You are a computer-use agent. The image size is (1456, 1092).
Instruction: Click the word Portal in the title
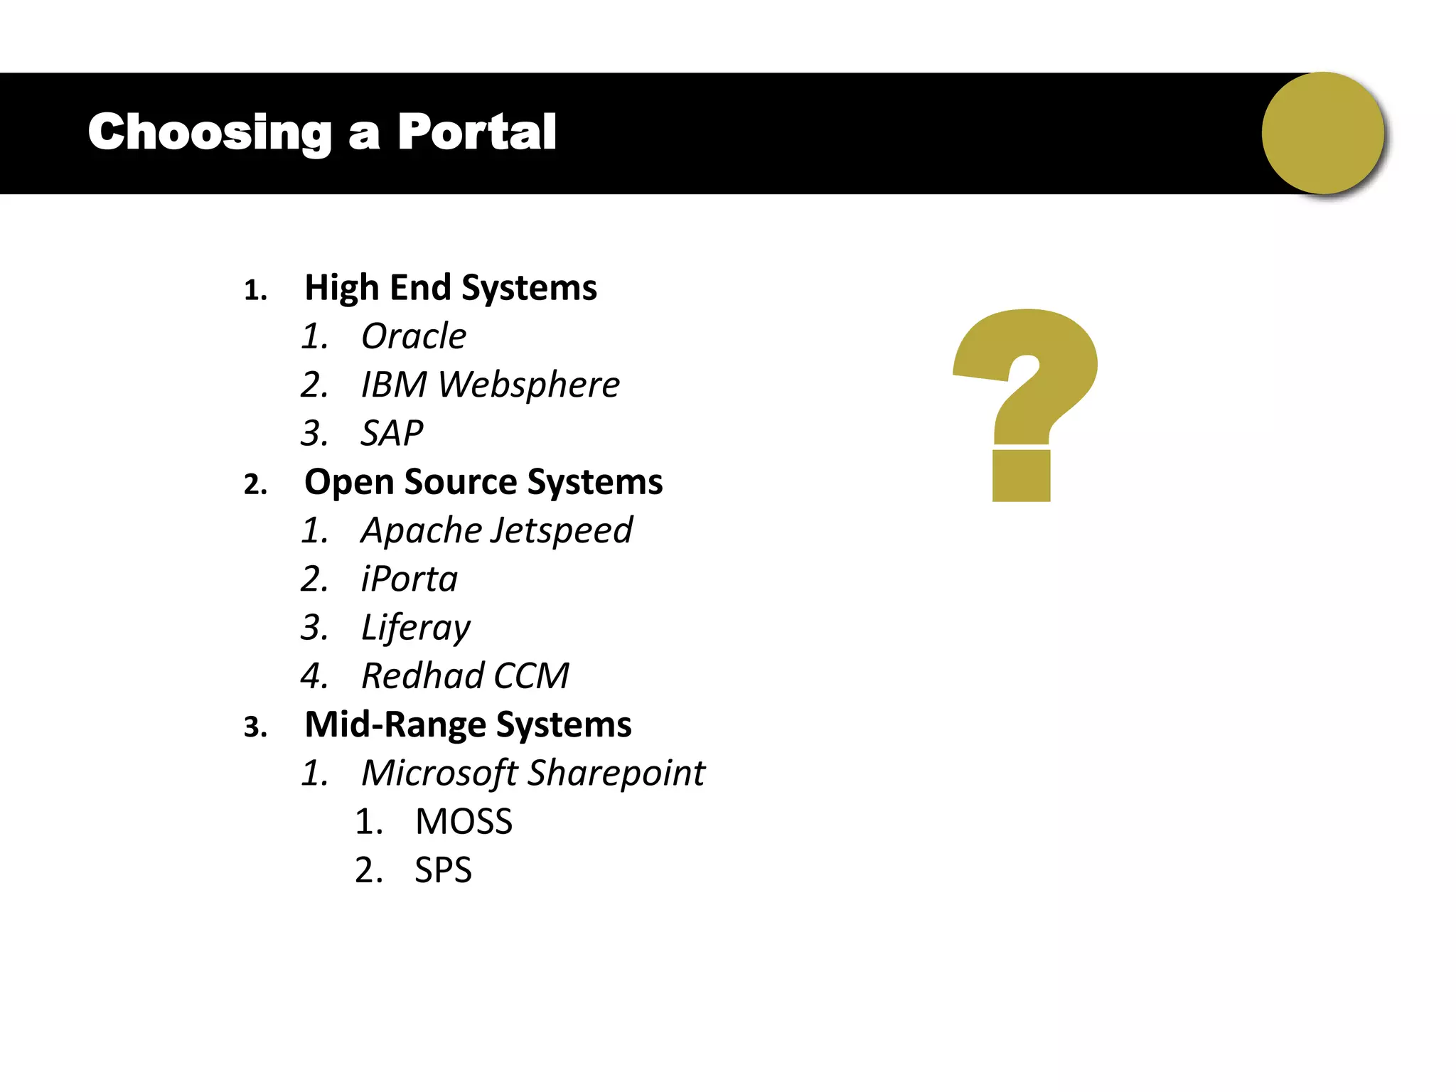tap(476, 132)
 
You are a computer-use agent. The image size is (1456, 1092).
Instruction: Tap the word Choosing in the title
tap(210, 134)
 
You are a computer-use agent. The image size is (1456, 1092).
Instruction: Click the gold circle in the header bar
tap(1322, 133)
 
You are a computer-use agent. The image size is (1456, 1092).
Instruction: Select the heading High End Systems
tap(451, 288)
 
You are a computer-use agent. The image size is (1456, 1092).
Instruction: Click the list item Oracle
tap(413, 336)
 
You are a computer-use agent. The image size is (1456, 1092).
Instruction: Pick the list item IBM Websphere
tap(490, 385)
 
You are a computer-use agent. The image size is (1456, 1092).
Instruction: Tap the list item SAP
tap(392, 433)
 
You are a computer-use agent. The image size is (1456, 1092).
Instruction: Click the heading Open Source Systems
tap(483, 482)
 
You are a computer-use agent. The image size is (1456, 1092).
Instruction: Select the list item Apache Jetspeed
tap(496, 530)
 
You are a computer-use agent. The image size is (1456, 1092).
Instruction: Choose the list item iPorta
tap(409, 579)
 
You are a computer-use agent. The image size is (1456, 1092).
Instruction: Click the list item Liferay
tap(415, 628)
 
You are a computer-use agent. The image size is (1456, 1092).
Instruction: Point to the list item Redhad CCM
tap(465, 676)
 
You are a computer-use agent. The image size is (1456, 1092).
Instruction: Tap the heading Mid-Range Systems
tap(468, 724)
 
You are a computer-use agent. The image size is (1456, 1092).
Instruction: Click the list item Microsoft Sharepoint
tap(533, 773)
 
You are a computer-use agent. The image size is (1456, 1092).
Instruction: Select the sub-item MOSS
tap(464, 822)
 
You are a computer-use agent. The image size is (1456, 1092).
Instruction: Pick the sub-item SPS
tap(443, 870)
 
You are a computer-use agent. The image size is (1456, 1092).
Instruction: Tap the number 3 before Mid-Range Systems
tap(255, 727)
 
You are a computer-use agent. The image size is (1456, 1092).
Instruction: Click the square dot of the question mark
tap(1021, 476)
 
